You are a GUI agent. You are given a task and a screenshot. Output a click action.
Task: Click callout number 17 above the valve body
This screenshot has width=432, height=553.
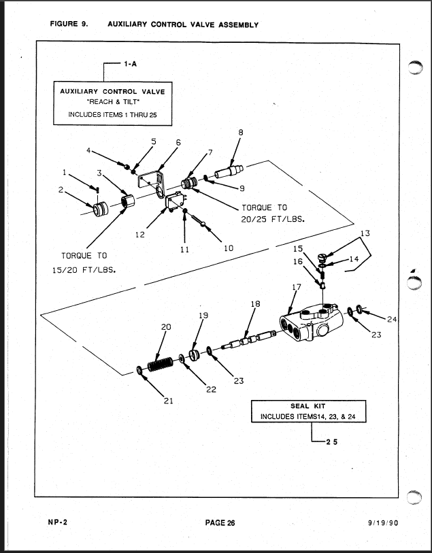pos(295,288)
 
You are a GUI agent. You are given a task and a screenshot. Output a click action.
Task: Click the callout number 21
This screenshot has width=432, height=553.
pos(168,401)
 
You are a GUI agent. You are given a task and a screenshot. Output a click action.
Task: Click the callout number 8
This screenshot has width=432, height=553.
pos(240,133)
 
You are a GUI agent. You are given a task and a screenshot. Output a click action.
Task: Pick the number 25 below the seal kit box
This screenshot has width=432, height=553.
pos(331,441)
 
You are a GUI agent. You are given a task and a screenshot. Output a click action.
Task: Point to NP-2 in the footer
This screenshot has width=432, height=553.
pos(56,522)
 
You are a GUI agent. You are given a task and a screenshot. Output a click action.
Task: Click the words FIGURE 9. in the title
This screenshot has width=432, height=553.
pos(69,24)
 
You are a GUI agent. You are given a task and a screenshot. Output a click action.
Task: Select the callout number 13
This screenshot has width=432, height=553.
pos(365,233)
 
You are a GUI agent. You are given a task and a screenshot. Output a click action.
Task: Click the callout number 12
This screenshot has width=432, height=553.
pos(139,235)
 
